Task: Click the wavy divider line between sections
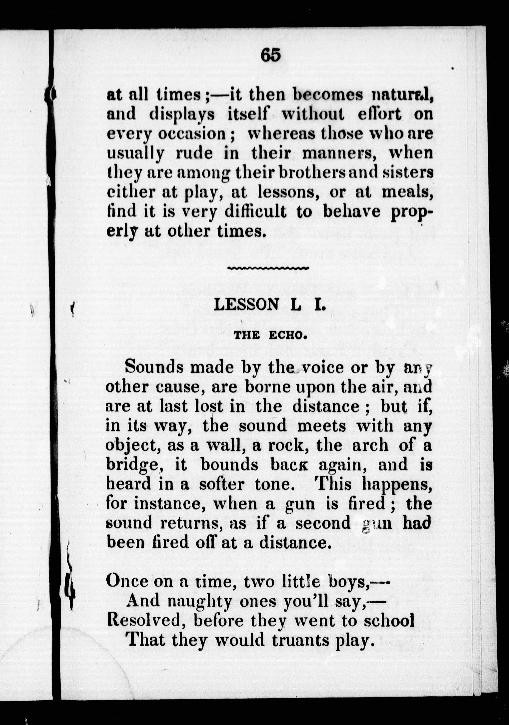point(268,268)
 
